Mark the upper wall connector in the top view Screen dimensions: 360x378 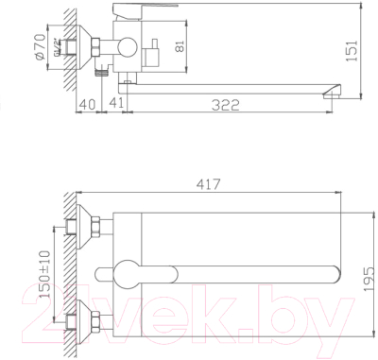[x=94, y=225]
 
